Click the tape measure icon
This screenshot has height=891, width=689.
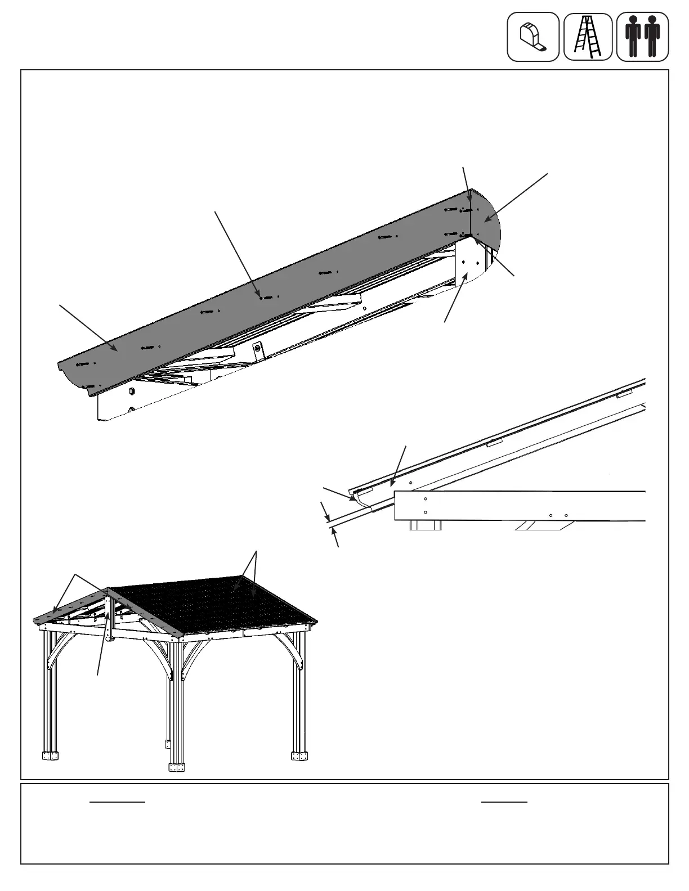[533, 37]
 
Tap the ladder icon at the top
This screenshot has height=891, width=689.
[588, 37]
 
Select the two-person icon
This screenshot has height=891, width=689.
[642, 37]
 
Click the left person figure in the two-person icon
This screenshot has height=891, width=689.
[633, 37]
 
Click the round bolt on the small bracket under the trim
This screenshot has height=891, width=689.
[257, 349]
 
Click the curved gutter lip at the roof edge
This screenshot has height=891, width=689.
[356, 497]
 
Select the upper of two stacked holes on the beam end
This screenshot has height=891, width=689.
[426, 499]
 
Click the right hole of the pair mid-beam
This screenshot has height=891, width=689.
[566, 515]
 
